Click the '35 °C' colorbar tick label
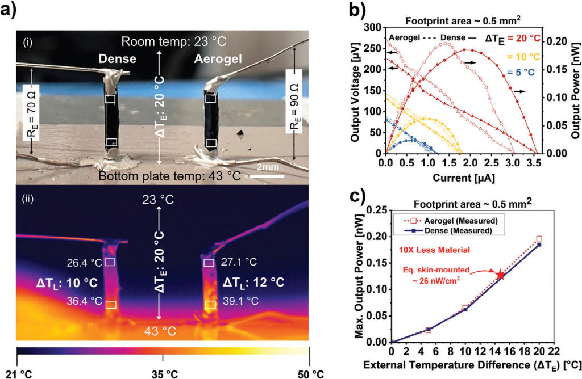(163, 374)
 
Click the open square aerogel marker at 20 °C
(539, 239)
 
